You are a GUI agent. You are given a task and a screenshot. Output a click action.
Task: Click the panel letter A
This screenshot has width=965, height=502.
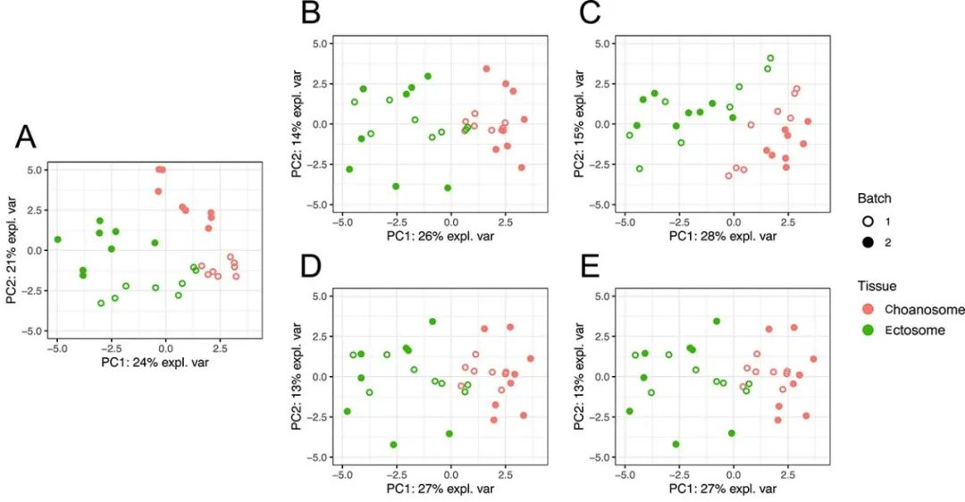tap(28, 138)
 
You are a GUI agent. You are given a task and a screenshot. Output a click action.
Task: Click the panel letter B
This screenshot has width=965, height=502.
tap(311, 14)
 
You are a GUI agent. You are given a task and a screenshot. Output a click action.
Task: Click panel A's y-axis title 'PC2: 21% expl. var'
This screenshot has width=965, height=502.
tap(12, 249)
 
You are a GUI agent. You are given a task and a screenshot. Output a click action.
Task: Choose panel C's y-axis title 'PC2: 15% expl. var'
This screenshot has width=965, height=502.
tap(577, 124)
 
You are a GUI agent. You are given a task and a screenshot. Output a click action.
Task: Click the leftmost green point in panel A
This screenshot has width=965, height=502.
tap(57, 239)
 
